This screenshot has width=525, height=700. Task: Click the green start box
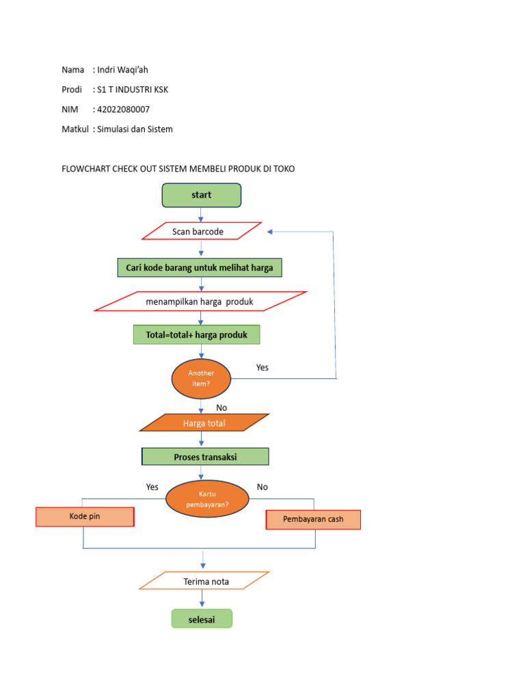point(201,195)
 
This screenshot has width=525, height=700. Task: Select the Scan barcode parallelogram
point(201,232)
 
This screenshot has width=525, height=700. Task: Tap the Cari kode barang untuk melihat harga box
point(200,268)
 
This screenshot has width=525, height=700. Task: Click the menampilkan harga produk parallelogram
point(200,301)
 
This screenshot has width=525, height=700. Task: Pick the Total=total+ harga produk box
point(196,335)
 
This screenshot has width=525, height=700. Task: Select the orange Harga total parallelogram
point(204,423)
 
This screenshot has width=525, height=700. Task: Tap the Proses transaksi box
point(205,457)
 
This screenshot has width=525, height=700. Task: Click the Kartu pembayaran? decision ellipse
point(207,498)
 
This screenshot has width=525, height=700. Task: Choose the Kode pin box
point(85,517)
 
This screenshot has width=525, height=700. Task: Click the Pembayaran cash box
point(312,520)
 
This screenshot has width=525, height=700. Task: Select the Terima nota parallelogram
point(205,582)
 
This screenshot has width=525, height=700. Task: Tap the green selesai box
point(201,619)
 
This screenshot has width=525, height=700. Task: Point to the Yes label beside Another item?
point(262,368)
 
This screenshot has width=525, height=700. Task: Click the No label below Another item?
point(221,407)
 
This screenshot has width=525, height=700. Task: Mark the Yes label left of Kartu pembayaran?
point(152,487)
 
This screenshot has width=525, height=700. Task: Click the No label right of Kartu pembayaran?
point(262,487)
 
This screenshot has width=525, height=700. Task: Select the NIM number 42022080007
point(123,109)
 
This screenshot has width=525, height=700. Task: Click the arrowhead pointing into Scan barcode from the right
point(271,232)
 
